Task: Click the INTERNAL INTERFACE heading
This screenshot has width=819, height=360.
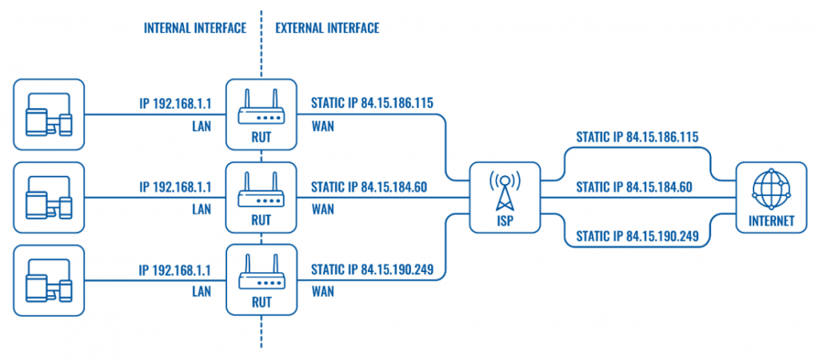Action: click(194, 28)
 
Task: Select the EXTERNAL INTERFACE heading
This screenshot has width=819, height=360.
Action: click(327, 28)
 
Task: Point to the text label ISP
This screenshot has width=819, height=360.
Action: click(505, 221)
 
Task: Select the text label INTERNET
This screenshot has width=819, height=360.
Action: click(771, 222)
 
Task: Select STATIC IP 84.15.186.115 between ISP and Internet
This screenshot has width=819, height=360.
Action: click(637, 137)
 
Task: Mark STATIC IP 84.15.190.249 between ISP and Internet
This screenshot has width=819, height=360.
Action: click(637, 237)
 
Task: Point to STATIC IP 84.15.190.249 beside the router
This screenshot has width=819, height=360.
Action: click(372, 270)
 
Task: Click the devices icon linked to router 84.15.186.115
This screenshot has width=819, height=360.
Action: click(49, 114)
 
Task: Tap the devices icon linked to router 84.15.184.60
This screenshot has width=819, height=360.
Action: click(49, 197)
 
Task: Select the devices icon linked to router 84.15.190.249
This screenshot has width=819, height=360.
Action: click(49, 280)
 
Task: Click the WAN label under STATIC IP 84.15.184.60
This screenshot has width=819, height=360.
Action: click(322, 210)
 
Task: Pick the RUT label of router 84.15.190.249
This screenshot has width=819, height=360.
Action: click(261, 302)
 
